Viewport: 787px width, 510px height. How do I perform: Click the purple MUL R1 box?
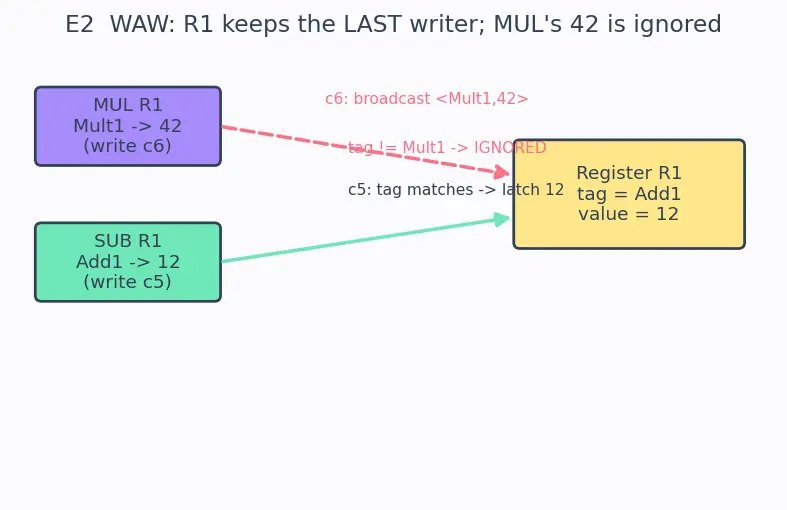[128, 126]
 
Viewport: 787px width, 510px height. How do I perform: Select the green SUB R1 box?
[128, 262]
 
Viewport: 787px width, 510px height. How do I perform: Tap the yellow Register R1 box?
[629, 194]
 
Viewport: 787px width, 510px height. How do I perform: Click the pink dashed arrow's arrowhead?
[502, 172]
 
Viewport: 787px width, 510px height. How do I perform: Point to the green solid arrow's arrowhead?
[502, 219]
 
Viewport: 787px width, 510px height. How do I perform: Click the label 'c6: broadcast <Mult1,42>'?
[427, 98]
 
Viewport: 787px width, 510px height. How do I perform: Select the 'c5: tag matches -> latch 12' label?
[456, 190]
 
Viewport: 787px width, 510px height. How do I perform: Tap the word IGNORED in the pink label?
[510, 148]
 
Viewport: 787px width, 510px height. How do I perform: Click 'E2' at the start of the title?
[79, 25]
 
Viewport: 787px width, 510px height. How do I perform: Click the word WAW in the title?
[139, 25]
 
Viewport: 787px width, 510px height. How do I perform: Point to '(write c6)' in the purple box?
[127, 146]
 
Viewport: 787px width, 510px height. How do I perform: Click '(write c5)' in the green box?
[127, 282]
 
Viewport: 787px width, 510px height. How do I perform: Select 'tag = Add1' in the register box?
[629, 194]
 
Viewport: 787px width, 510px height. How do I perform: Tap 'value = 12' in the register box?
[629, 214]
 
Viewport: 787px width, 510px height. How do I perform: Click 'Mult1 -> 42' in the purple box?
[127, 126]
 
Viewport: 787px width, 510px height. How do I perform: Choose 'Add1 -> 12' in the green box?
[128, 262]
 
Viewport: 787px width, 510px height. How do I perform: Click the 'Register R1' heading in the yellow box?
[629, 173]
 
